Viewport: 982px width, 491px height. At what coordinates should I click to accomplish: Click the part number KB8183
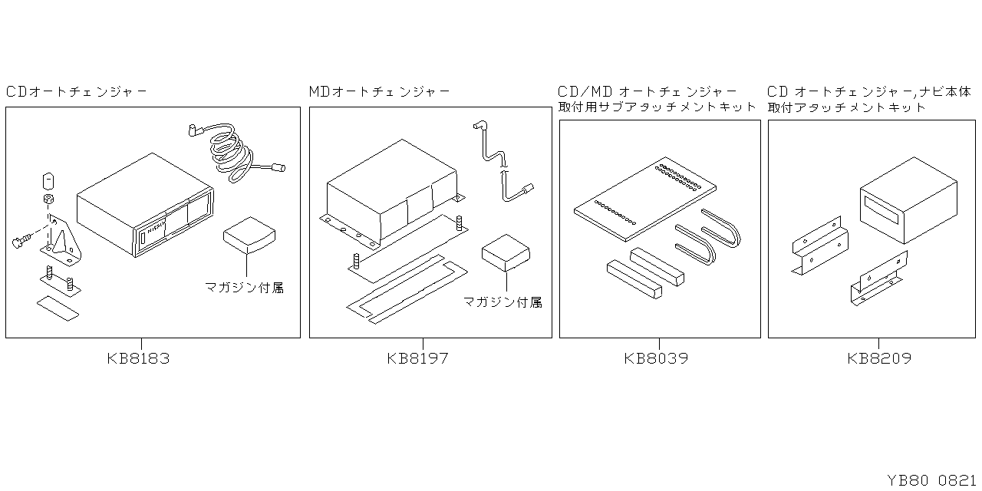139,358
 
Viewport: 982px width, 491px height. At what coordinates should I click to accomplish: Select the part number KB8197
418,358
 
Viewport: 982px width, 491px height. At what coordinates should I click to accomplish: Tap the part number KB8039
656,358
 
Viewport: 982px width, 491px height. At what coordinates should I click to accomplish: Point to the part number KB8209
880,358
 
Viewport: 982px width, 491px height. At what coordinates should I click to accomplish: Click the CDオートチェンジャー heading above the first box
77,92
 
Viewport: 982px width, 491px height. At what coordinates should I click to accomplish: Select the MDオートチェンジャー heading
380,92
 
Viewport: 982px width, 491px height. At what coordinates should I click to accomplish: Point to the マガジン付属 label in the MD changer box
503,302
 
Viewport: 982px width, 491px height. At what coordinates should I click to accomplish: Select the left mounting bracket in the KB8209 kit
819,245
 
